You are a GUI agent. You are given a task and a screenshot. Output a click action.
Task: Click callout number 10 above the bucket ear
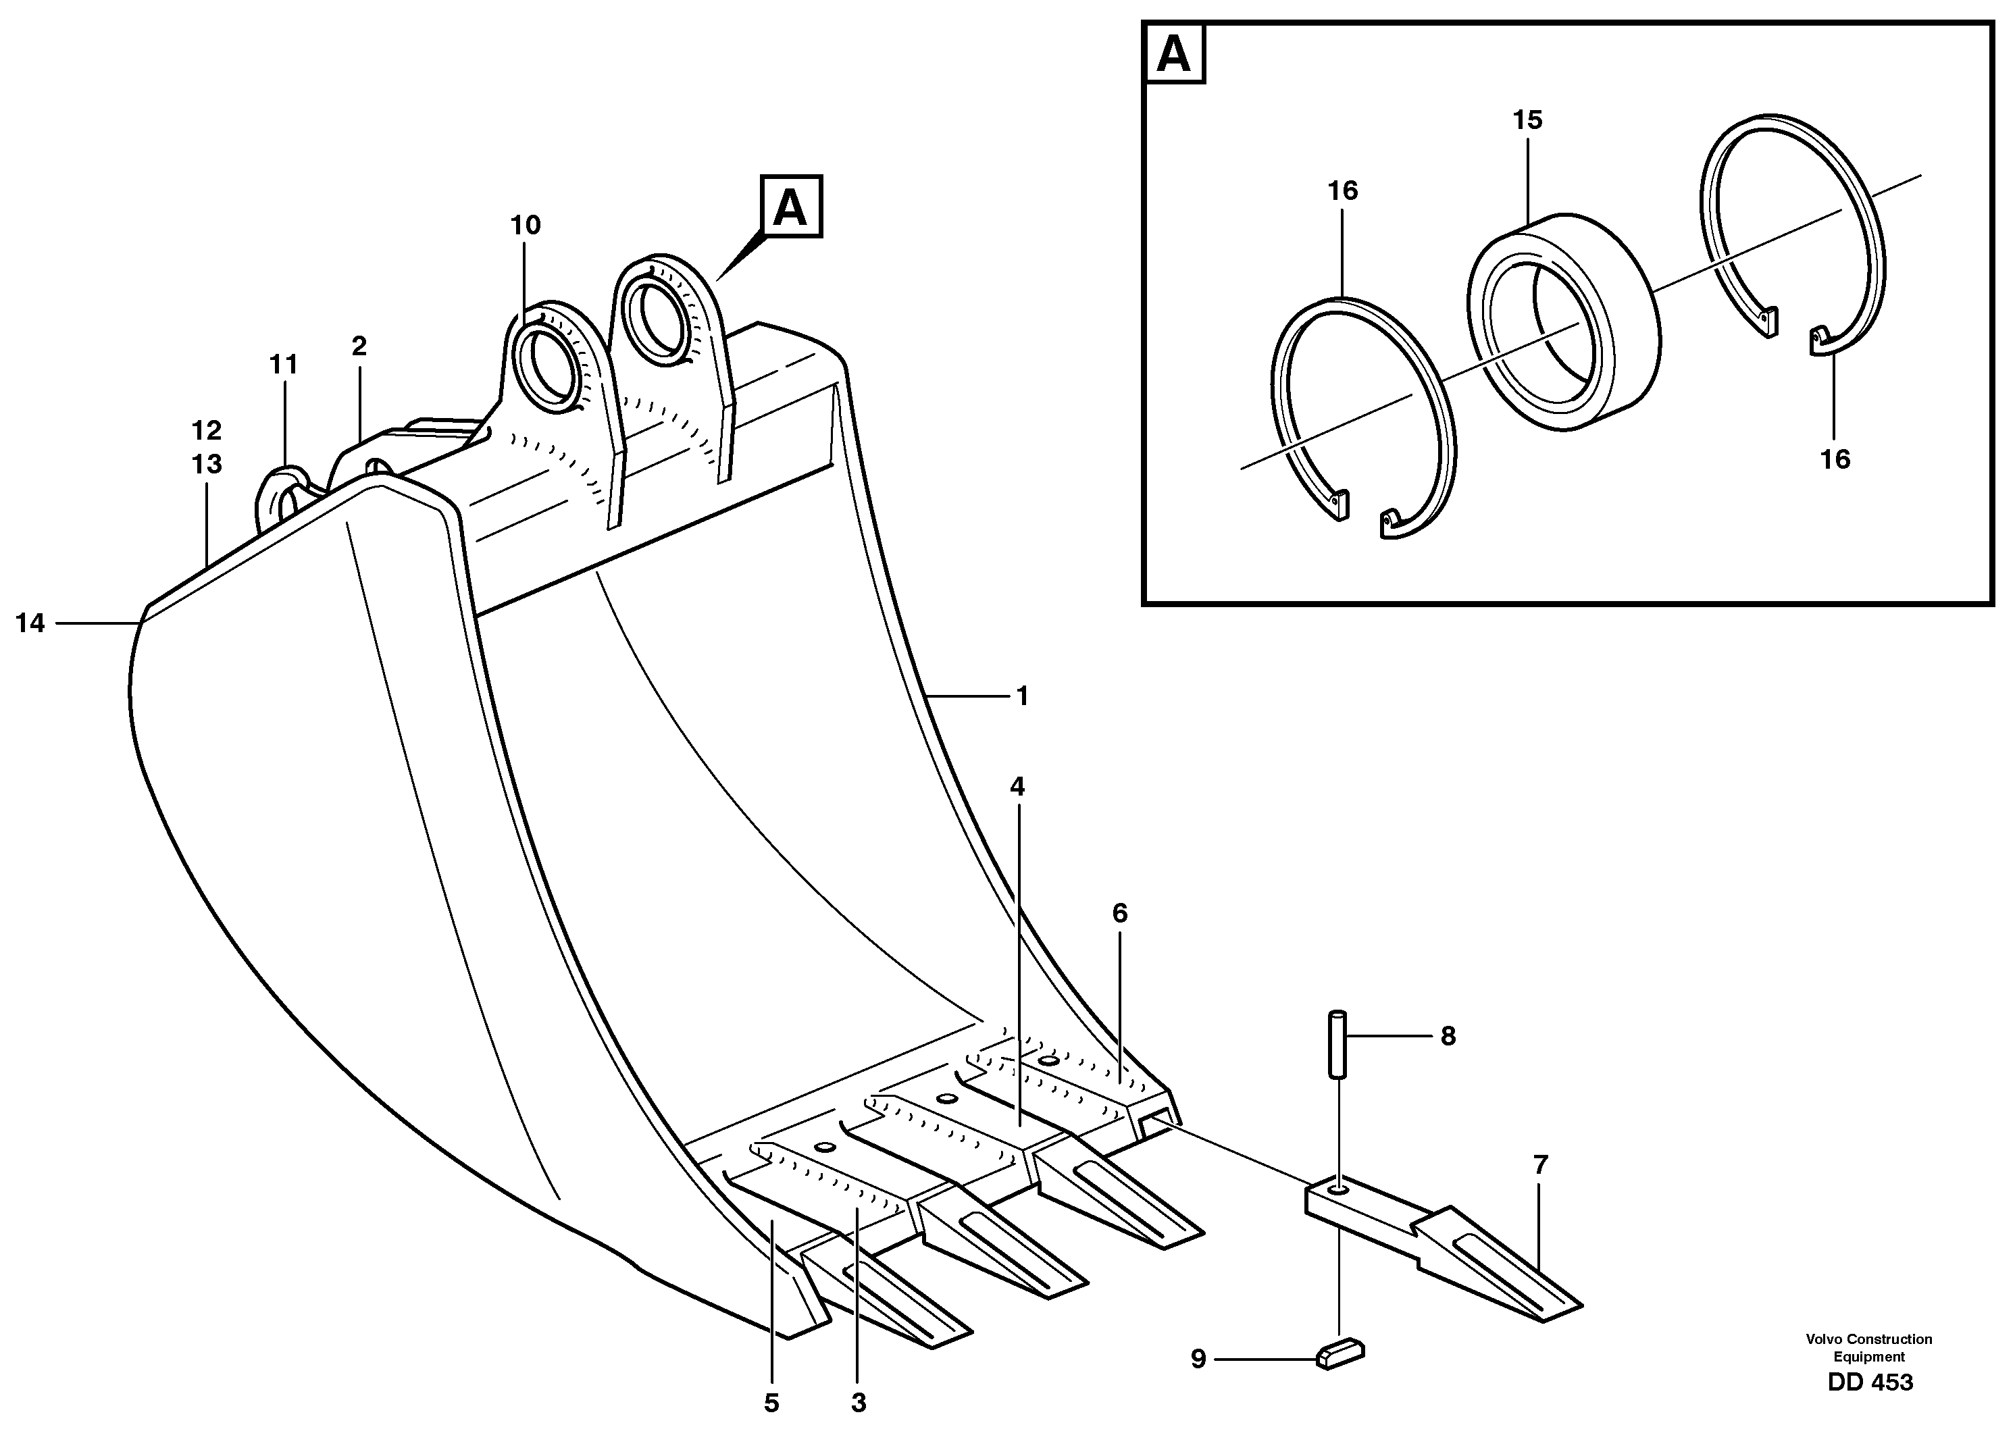coord(525,226)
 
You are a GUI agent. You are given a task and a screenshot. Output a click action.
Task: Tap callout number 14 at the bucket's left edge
coord(30,624)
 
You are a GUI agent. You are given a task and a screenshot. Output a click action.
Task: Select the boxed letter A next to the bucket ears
coord(790,207)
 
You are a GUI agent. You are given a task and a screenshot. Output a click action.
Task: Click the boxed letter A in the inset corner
coord(1175,55)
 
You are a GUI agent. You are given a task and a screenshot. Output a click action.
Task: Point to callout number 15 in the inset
coord(1527,121)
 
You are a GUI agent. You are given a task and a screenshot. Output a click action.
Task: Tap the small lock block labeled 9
coord(1339,1354)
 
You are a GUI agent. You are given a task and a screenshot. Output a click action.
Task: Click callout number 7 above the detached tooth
coord(1539,1165)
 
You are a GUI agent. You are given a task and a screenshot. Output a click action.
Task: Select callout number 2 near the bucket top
coord(359,346)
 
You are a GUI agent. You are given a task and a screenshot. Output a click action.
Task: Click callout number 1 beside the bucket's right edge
coord(1022,696)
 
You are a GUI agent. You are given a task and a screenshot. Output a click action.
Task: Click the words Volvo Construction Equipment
coord(1868,1348)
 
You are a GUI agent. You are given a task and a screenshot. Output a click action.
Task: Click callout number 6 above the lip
coord(1119,913)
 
